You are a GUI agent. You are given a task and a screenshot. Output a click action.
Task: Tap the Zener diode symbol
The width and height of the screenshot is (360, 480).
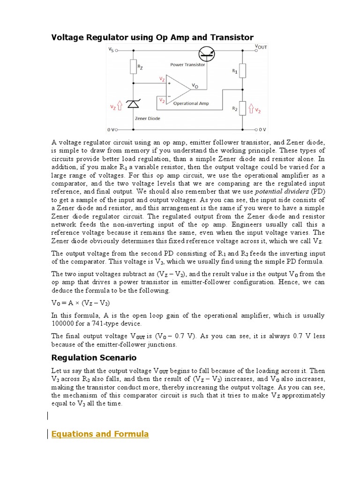133,106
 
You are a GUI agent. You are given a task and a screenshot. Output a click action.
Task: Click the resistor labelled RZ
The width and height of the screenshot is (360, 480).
133,67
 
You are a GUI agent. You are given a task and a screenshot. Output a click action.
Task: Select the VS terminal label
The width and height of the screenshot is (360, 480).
111,49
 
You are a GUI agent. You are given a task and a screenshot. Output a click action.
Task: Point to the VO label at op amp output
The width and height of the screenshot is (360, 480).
195,86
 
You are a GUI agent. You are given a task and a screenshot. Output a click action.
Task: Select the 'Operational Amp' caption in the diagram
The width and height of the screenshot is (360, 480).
191,103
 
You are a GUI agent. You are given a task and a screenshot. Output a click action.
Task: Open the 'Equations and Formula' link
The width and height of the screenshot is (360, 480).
100,434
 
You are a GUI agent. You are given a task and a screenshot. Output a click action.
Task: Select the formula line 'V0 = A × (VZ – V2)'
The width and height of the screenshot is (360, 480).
80,303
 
